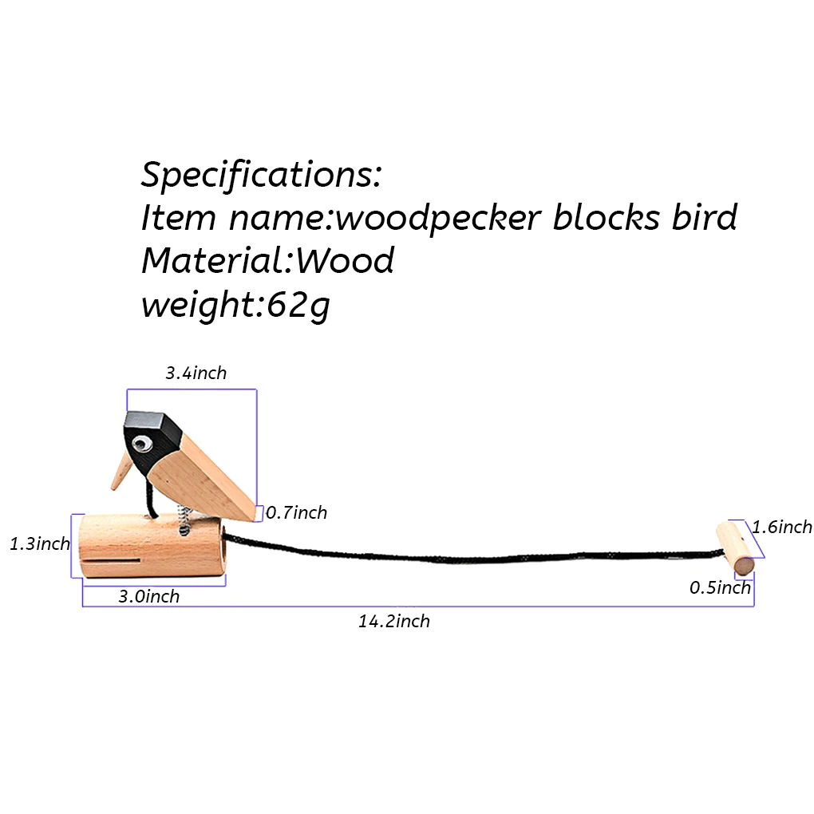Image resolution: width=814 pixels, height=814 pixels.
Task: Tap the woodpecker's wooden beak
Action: (x=121, y=471)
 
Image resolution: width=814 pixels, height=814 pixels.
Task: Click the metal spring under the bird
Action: (x=183, y=522)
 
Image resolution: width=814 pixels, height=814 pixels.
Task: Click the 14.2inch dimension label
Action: (x=393, y=621)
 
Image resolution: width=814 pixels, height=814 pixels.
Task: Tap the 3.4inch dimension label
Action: (x=196, y=373)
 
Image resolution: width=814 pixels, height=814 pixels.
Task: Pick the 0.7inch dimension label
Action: (x=296, y=512)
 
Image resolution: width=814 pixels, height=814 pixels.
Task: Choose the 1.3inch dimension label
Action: (x=40, y=544)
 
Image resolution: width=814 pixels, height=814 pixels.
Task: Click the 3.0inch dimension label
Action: (x=149, y=596)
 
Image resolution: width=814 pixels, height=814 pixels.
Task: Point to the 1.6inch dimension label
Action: (x=782, y=527)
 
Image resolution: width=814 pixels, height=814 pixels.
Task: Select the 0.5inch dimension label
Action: (x=721, y=588)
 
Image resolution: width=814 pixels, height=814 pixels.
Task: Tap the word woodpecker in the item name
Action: (x=438, y=217)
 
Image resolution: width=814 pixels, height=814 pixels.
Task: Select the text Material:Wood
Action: (x=267, y=260)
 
